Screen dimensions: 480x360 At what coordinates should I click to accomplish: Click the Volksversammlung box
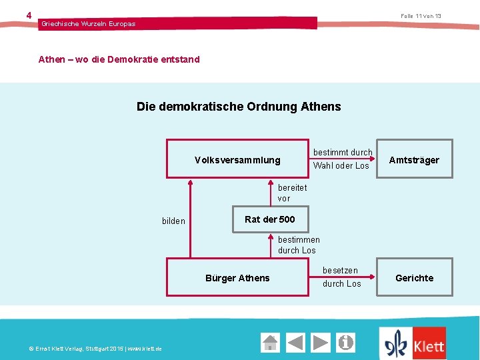tap(237, 160)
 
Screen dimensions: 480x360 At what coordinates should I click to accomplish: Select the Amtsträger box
tap(414, 160)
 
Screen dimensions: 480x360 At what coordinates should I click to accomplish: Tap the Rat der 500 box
tap(269, 219)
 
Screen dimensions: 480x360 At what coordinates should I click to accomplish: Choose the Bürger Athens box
tap(237, 278)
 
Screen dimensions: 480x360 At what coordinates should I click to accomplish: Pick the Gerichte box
tap(414, 278)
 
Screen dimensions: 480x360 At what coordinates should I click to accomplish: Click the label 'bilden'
tap(173, 221)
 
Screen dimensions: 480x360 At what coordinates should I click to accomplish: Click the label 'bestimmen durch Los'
tap(299, 245)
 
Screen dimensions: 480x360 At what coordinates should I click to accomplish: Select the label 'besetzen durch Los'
tap(341, 277)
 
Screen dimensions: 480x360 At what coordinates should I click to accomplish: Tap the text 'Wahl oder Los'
tap(341, 166)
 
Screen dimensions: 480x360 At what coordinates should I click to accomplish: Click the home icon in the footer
tap(270, 343)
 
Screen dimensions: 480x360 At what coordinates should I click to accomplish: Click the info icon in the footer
tap(345, 343)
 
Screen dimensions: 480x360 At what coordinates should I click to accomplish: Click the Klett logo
tap(413, 343)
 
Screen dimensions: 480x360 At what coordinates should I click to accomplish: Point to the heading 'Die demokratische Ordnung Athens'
tap(239, 107)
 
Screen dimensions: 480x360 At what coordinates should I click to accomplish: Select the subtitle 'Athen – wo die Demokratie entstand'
tap(119, 59)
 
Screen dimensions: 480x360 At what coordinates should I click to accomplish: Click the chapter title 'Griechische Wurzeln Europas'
tap(88, 24)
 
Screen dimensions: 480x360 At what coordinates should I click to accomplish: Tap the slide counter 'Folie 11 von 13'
tap(421, 16)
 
